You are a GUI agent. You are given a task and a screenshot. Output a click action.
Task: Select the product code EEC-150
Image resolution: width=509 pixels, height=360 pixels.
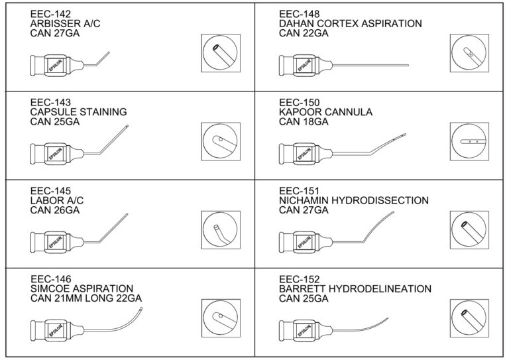299,102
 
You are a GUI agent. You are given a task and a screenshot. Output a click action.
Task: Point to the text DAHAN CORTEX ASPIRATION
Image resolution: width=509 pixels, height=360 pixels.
350,23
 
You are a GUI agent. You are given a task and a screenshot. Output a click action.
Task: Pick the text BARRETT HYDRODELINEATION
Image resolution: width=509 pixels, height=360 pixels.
355,289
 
